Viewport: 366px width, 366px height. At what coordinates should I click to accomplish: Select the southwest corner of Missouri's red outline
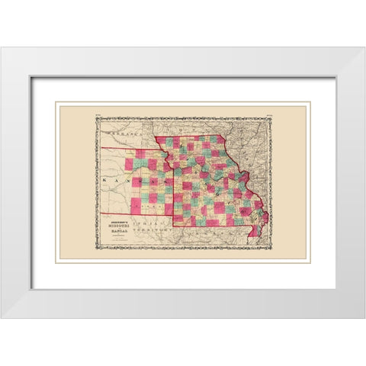click(173, 226)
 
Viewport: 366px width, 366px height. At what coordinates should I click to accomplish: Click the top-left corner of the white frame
click(2, 48)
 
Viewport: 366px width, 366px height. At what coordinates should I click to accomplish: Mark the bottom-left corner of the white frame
click(2, 317)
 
